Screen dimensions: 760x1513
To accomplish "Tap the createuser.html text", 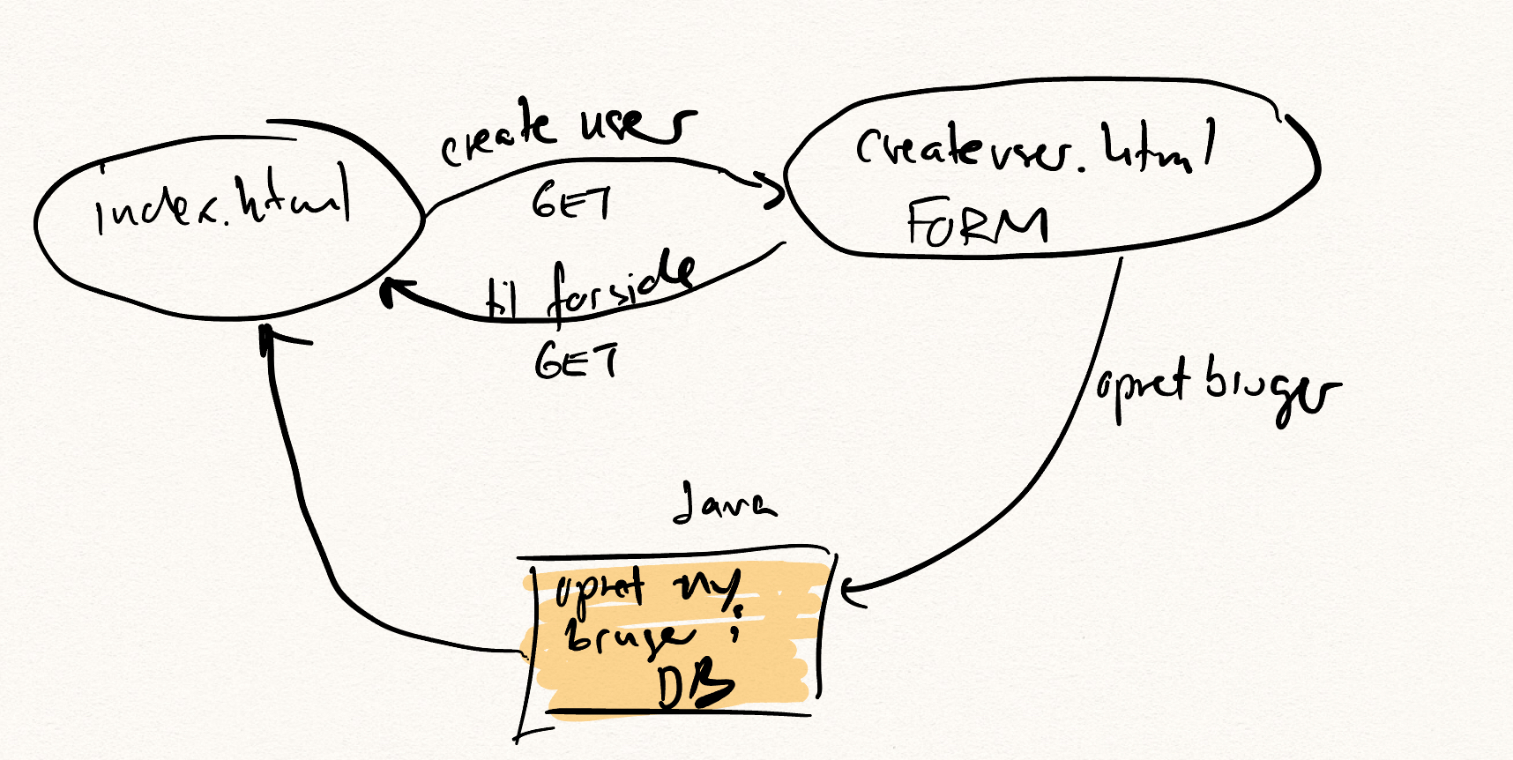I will tap(1033, 147).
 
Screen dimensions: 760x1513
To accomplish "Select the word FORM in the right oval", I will tap(977, 222).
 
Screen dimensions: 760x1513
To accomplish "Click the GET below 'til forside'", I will tap(576, 361).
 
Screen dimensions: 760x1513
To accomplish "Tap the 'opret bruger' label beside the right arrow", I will tap(1217, 388).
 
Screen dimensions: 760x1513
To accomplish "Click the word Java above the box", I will tap(723, 503).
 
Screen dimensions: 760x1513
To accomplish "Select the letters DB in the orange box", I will tap(695, 686).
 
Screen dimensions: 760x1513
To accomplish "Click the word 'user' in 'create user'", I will tap(637, 125).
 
